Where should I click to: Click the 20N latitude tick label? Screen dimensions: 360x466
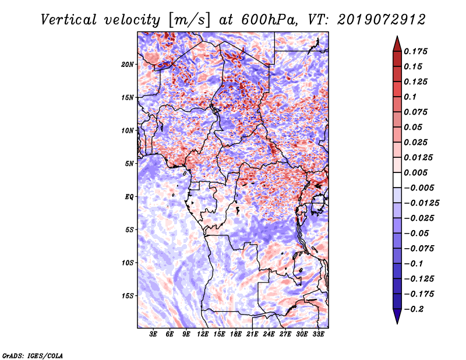coord(128,64)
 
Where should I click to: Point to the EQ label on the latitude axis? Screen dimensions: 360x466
coord(129,197)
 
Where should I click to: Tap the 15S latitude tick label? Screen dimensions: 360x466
coord(128,296)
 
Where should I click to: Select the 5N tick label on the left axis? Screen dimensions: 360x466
coord(129,164)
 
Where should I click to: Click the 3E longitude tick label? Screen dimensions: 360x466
coord(154,334)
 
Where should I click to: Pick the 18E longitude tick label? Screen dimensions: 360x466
coord(236,334)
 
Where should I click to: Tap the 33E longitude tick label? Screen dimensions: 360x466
coord(318,334)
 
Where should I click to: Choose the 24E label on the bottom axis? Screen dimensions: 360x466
coord(269,334)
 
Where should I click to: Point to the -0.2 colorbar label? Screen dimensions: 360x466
coord(414,309)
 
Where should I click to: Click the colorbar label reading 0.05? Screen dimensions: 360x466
coord(414,127)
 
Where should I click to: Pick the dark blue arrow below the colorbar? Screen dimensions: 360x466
coord(397,316)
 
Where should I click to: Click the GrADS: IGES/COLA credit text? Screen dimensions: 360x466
coord(32,355)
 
